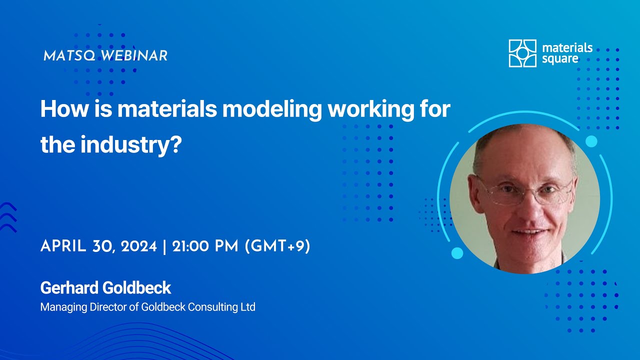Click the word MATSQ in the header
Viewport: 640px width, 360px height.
(69, 55)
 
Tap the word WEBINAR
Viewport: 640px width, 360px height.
(134, 55)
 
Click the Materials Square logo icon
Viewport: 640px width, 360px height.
(522, 53)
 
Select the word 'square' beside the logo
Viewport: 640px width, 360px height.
(560, 59)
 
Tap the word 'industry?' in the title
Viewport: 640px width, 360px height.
(131, 145)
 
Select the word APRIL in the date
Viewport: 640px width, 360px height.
(63, 246)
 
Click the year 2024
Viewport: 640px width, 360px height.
(139, 246)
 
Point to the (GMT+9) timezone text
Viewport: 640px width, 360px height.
(277, 246)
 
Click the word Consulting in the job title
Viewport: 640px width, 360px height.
(212, 307)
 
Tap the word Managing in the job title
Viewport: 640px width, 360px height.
(63, 307)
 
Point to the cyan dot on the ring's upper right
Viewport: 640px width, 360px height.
(591, 141)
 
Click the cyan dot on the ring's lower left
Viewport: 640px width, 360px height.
(457, 253)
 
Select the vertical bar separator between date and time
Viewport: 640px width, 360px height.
(164, 247)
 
